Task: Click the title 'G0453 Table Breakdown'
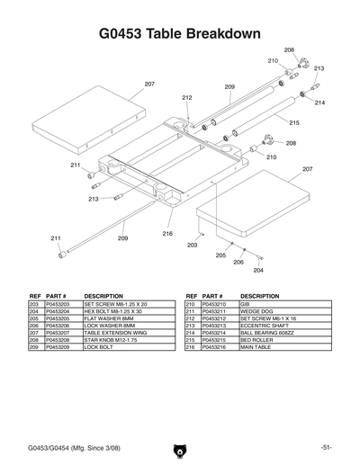coord(180,33)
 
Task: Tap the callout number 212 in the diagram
coord(187,97)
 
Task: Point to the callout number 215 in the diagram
coord(293,122)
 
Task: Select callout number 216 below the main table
coord(167,234)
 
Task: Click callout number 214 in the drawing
coord(319,103)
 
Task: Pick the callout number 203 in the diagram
coord(192,245)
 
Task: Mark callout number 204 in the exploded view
coord(258,270)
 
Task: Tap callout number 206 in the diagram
coord(238,262)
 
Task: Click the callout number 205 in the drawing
coord(220,255)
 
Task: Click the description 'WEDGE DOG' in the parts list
coord(256,311)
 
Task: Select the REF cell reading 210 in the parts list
coord(191,305)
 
